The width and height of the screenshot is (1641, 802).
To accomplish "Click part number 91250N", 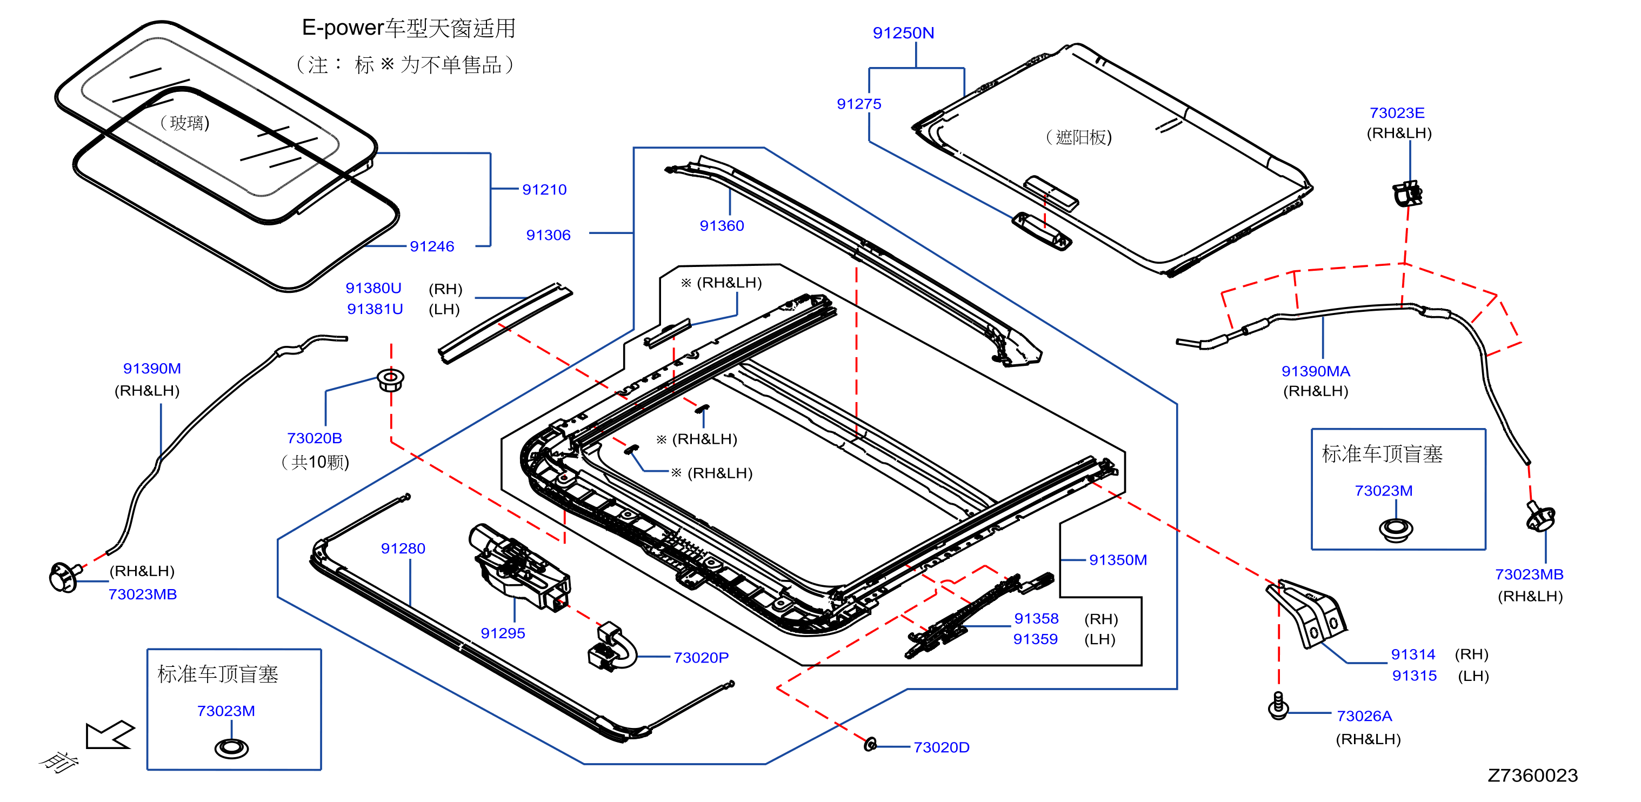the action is (903, 32).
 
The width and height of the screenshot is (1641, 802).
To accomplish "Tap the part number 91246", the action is (432, 246).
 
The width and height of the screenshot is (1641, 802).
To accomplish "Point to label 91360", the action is (721, 225).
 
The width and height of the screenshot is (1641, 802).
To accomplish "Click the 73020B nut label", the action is (314, 438).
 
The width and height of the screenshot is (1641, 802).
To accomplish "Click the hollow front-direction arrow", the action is (110, 735).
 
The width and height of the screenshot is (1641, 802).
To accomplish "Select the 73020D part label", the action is (941, 747).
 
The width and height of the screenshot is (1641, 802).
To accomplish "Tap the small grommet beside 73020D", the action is (870, 744).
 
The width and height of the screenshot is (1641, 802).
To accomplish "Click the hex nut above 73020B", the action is (390, 380).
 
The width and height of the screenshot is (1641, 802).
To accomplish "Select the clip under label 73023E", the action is (1407, 193).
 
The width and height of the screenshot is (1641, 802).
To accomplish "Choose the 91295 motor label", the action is (503, 633).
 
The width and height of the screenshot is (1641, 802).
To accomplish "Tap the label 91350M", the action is (1117, 560).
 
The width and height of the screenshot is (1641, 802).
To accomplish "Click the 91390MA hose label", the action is (1315, 371).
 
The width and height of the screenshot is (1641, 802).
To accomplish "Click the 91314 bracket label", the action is (1412, 654).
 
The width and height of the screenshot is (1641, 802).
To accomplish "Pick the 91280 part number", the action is (403, 549).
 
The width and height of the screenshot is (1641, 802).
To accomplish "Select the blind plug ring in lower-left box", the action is (231, 748).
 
